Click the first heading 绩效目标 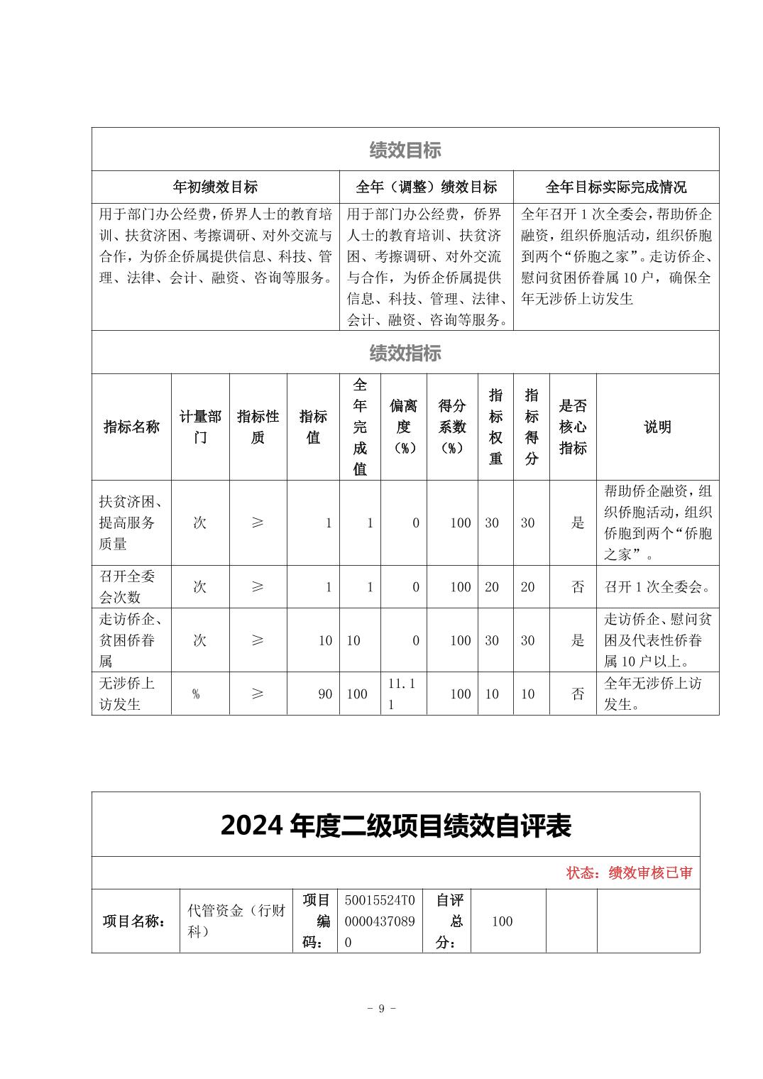coord(405,150)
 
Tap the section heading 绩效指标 coord(405,353)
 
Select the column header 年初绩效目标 coord(215,187)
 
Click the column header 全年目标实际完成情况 coord(615,187)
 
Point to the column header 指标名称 coord(131,427)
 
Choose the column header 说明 coord(657,427)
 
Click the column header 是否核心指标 coord(573,427)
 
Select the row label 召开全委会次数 coord(127,586)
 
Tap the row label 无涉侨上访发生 coord(127,694)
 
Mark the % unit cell coord(196,694)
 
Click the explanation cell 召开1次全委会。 coord(657,587)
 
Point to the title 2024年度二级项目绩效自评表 coord(395,826)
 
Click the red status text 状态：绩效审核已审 coord(629,873)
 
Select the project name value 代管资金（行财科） coord(236,921)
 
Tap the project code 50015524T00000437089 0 coord(380,921)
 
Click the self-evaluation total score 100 coord(502,921)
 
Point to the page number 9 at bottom coord(381,1009)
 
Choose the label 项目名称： coord(135,921)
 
